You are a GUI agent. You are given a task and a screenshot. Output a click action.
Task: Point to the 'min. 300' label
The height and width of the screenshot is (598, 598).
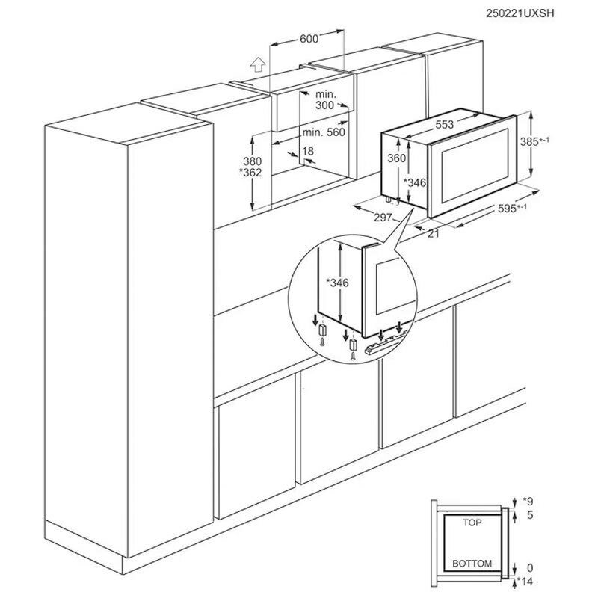coord(325,101)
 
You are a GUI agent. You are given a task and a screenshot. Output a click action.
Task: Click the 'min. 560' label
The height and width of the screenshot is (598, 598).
coord(324,132)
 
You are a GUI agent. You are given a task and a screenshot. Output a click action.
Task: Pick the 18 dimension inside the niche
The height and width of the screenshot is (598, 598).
coord(307,151)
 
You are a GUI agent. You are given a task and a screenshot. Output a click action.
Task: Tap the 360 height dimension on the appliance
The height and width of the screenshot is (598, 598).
coord(396,158)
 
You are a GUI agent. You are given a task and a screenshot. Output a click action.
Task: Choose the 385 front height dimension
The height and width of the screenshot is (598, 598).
coord(549,141)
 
